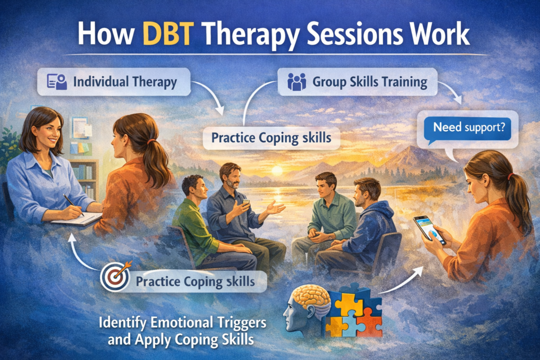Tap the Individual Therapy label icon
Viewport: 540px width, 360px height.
click(x=57, y=82)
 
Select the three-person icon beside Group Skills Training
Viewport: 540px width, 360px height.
click(x=296, y=82)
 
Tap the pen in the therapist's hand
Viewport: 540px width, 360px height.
click(x=73, y=205)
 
